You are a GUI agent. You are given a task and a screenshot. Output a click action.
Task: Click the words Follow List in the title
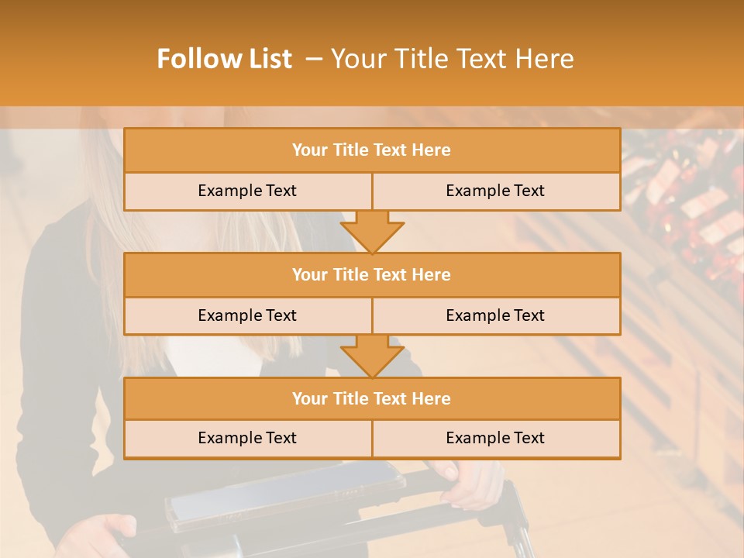(x=225, y=59)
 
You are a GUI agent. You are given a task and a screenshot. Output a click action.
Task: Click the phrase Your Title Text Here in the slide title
(x=453, y=59)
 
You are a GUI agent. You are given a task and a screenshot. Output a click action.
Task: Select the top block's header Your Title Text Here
(x=371, y=150)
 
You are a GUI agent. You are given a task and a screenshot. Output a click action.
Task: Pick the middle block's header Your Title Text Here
(x=371, y=274)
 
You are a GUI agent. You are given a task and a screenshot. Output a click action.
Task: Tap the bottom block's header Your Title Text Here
(x=371, y=398)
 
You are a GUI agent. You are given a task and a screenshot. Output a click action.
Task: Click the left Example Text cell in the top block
(x=247, y=191)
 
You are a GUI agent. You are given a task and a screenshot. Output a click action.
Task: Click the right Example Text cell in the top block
(x=495, y=191)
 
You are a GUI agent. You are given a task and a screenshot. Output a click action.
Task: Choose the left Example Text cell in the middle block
(x=247, y=315)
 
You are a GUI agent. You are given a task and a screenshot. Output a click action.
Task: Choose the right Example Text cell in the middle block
(x=495, y=315)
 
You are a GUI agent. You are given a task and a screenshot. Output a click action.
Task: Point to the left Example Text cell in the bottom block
(x=247, y=438)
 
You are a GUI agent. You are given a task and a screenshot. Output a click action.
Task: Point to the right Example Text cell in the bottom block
(x=495, y=438)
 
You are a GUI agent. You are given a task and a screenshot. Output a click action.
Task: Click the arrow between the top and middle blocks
(x=372, y=231)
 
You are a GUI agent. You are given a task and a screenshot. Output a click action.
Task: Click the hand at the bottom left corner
(x=105, y=535)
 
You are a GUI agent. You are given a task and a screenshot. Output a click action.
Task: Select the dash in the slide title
(x=314, y=59)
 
